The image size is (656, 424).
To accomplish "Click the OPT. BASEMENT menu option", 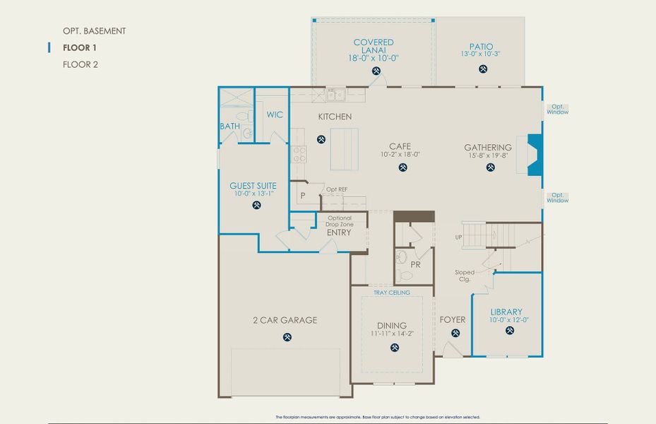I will click(94, 31).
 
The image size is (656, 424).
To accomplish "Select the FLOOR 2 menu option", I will click(80, 64).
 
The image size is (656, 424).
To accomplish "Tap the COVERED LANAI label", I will click(374, 43).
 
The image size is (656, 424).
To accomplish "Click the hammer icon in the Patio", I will click(483, 69).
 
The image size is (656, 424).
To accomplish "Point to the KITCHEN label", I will click(335, 117).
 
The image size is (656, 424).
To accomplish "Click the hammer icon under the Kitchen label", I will click(321, 139).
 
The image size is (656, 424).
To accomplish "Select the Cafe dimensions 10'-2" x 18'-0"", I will click(400, 154).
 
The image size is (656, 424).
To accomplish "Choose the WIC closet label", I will click(274, 114).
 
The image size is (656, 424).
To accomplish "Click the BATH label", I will click(229, 126).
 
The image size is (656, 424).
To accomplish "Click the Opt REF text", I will click(336, 189).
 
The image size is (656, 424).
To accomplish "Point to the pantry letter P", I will click(302, 195).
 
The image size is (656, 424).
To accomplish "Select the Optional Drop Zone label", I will click(338, 220).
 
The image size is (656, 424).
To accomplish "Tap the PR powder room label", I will click(415, 264).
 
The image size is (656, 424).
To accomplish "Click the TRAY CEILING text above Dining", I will click(391, 292).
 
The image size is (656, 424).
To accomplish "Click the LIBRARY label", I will click(506, 312).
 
